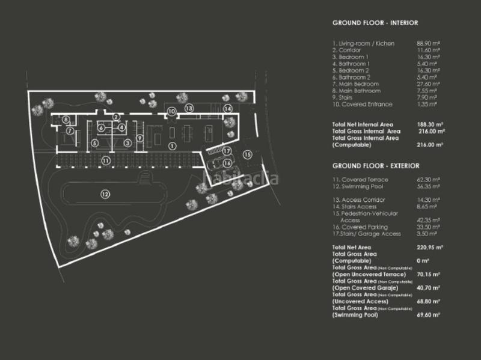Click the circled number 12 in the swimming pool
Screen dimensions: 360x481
tap(105, 194)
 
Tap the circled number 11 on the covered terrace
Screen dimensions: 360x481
tap(105, 160)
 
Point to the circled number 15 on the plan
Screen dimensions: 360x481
tap(247, 154)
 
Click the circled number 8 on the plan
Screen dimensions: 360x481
tap(66, 120)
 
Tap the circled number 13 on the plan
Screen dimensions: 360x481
tap(189, 108)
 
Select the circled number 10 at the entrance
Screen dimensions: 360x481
tap(171, 111)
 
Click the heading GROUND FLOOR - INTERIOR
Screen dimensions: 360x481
tap(375, 23)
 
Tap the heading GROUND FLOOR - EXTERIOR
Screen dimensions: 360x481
tap(376, 165)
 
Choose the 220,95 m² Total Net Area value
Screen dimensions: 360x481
tap(430, 247)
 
